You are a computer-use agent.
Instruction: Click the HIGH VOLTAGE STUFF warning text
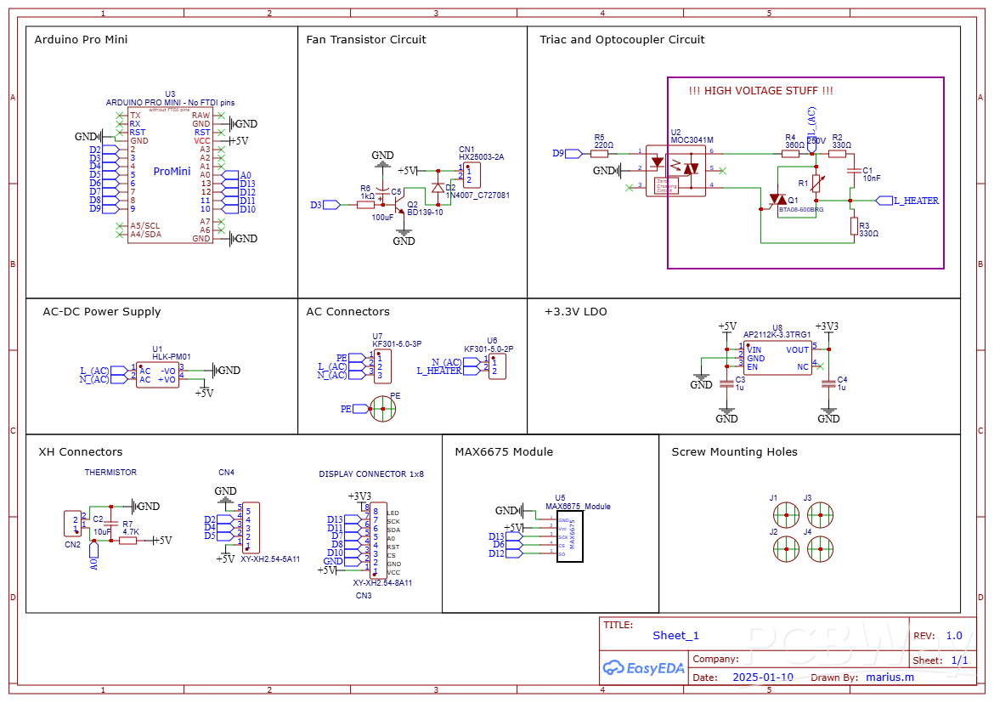coord(760,91)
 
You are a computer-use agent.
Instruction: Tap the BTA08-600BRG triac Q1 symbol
coord(775,201)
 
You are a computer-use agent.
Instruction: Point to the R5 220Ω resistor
coord(601,154)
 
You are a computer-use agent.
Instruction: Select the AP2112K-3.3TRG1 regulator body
coord(777,359)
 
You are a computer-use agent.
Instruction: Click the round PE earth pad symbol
coord(383,410)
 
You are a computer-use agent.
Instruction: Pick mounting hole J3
coord(819,513)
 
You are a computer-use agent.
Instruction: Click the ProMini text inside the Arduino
coord(172,172)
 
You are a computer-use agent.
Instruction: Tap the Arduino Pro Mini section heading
coord(81,40)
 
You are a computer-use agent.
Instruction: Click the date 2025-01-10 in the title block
coord(762,677)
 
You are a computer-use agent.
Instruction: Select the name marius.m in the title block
coord(890,677)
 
